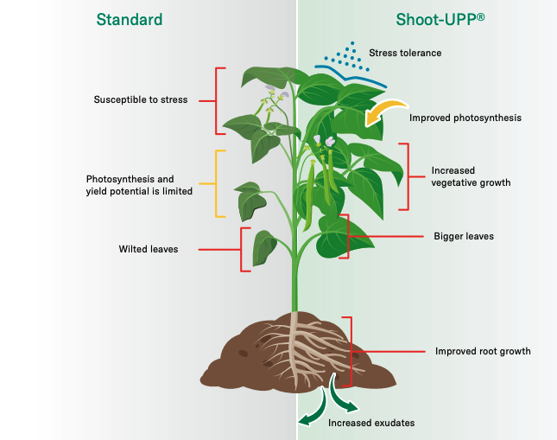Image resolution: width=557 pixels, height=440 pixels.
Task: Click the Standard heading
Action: coord(130,20)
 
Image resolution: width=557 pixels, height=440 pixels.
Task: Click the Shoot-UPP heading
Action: coord(440,20)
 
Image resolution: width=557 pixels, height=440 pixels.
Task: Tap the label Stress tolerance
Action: coord(405,53)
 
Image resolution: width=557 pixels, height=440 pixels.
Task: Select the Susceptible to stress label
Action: coord(141,99)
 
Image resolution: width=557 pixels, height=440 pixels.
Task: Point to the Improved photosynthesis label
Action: coord(465,118)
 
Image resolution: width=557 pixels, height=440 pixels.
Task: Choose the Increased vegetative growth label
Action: coord(471,176)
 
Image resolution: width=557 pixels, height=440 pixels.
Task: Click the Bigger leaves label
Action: coord(464,236)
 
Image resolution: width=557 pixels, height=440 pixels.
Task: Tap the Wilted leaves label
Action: coord(149,249)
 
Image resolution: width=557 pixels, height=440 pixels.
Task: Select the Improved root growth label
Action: coord(483,352)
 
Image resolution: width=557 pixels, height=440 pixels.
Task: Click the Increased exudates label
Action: coord(371,423)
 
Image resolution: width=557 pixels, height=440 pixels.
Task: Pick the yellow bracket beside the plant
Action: coord(216,183)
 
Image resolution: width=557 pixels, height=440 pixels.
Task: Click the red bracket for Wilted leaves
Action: coord(241,250)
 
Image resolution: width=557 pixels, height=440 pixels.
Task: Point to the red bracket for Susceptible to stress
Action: coord(216,101)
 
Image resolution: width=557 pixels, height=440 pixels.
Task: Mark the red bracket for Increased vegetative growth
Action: coord(408,176)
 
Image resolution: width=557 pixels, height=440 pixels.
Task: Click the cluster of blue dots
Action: coord(347,56)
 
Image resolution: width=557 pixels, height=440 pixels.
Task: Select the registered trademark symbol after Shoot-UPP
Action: coord(480,16)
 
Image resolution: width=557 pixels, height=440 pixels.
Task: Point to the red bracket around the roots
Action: coord(351,352)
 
